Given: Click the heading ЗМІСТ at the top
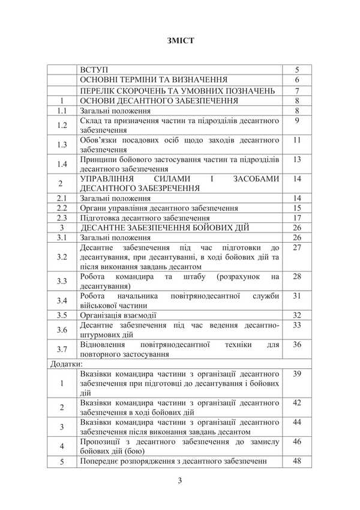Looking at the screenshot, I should tap(180, 41).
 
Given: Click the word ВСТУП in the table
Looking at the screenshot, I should tap(95, 69).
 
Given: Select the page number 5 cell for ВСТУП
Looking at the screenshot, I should tap(297, 69).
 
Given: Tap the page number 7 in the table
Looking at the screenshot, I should tap(297, 91).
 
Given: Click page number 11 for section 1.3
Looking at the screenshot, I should tap(297, 140).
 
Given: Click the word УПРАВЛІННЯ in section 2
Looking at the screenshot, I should tap(109, 178).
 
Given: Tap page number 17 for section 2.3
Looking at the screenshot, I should tap(297, 217).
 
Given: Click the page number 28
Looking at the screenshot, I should tap(297, 276).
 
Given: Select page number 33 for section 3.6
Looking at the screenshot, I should tap(297, 325).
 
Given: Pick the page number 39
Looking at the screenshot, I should tap(297, 374).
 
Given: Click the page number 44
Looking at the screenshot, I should tap(297, 422).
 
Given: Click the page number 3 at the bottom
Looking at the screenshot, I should tap(180, 480).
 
